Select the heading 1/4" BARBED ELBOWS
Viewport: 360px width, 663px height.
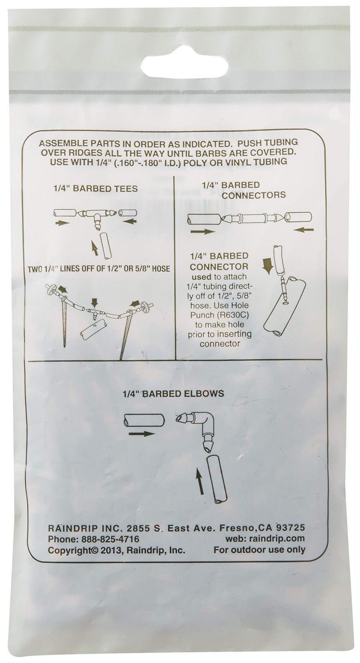[172, 393]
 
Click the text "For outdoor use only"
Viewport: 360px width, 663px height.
[259, 550]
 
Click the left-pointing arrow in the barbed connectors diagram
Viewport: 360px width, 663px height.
[305, 230]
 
